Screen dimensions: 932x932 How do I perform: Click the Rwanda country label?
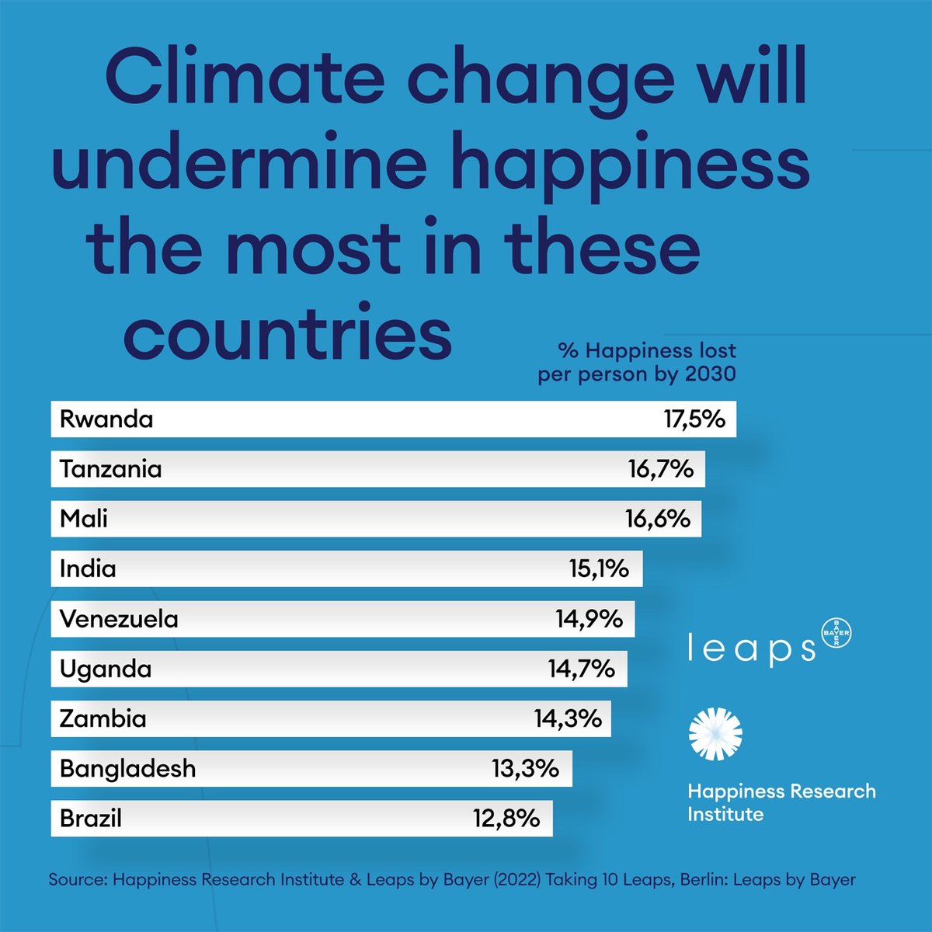pos(106,419)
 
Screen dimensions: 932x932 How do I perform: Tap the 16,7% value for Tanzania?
pos(660,469)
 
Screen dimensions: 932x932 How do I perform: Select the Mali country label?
pos(84,519)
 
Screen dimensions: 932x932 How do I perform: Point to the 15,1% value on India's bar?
pos(599,569)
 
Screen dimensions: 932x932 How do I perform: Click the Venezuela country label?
pos(119,619)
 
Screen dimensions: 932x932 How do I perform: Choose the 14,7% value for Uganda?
pos(582,669)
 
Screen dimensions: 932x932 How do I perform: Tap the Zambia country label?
pos(103,718)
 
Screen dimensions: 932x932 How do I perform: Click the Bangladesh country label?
pos(128,769)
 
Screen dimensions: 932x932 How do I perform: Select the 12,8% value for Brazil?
pos(506,819)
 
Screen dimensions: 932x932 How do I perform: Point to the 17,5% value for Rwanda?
pos(694,419)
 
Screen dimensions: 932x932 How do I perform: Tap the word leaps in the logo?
pos(752,649)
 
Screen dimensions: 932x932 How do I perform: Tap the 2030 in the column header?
pos(710,374)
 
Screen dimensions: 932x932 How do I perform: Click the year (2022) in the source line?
pos(516,880)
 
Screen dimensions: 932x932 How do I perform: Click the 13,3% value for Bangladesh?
pos(525,769)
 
